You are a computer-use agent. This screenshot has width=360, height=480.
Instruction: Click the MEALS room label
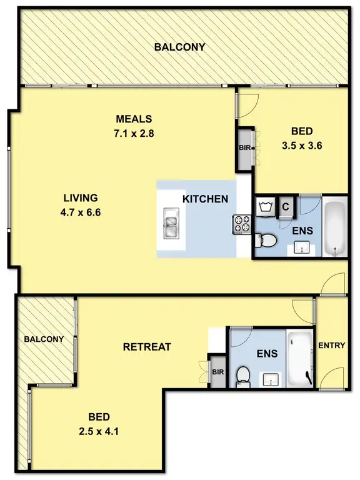coord(134,119)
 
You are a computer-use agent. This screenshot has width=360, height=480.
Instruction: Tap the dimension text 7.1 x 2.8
coord(134,132)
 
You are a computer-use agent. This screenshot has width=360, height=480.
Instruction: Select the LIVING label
coord(78,198)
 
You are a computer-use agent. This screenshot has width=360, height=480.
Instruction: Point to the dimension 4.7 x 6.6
coord(78,211)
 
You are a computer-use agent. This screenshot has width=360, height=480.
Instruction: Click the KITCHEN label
coord(205,199)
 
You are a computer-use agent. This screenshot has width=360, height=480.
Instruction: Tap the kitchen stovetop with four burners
coord(242,223)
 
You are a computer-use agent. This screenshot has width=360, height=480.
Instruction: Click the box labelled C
coord(285,207)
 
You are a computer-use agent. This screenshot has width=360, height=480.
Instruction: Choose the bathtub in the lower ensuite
coord(300,357)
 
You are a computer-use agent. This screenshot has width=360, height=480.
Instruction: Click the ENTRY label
coord(331,346)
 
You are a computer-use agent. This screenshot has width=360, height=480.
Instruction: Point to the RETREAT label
coord(147,347)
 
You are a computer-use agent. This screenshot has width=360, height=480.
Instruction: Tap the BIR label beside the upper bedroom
coord(244,149)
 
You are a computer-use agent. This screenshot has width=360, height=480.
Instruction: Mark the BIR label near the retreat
coord(217,372)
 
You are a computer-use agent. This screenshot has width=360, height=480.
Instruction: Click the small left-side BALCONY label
coord(44,339)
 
